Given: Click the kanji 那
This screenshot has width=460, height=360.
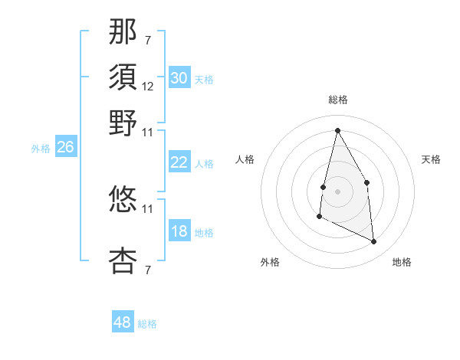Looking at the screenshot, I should click(123, 33).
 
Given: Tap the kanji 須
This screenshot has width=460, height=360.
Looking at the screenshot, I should click(123, 77).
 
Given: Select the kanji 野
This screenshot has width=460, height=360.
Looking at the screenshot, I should click(123, 123).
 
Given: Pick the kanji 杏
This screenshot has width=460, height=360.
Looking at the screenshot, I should click(123, 260).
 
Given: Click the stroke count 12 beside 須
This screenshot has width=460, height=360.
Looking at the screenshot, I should click(148, 87).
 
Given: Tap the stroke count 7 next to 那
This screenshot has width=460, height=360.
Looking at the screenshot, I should click(148, 40).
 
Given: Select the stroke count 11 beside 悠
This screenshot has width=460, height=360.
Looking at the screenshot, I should click(148, 208).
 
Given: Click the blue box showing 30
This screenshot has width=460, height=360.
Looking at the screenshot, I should click(179, 78).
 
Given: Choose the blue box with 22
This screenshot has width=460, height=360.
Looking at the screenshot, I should click(179, 162).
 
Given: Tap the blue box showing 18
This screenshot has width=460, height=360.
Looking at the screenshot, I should click(179, 232).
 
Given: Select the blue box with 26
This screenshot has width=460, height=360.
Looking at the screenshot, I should click(66, 148).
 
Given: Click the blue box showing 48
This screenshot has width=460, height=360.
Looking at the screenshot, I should click(123, 322).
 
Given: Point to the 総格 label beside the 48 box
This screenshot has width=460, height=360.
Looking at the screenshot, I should click(147, 324).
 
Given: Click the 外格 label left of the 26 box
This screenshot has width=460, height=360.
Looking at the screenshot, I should click(41, 149).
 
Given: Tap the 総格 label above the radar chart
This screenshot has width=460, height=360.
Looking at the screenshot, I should click(338, 100).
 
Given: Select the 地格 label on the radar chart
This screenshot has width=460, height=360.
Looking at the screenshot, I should click(402, 262).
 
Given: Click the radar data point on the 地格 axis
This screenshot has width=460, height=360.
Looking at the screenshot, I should click(374, 242).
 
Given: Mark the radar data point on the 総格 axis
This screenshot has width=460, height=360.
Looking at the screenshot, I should click(338, 129).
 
